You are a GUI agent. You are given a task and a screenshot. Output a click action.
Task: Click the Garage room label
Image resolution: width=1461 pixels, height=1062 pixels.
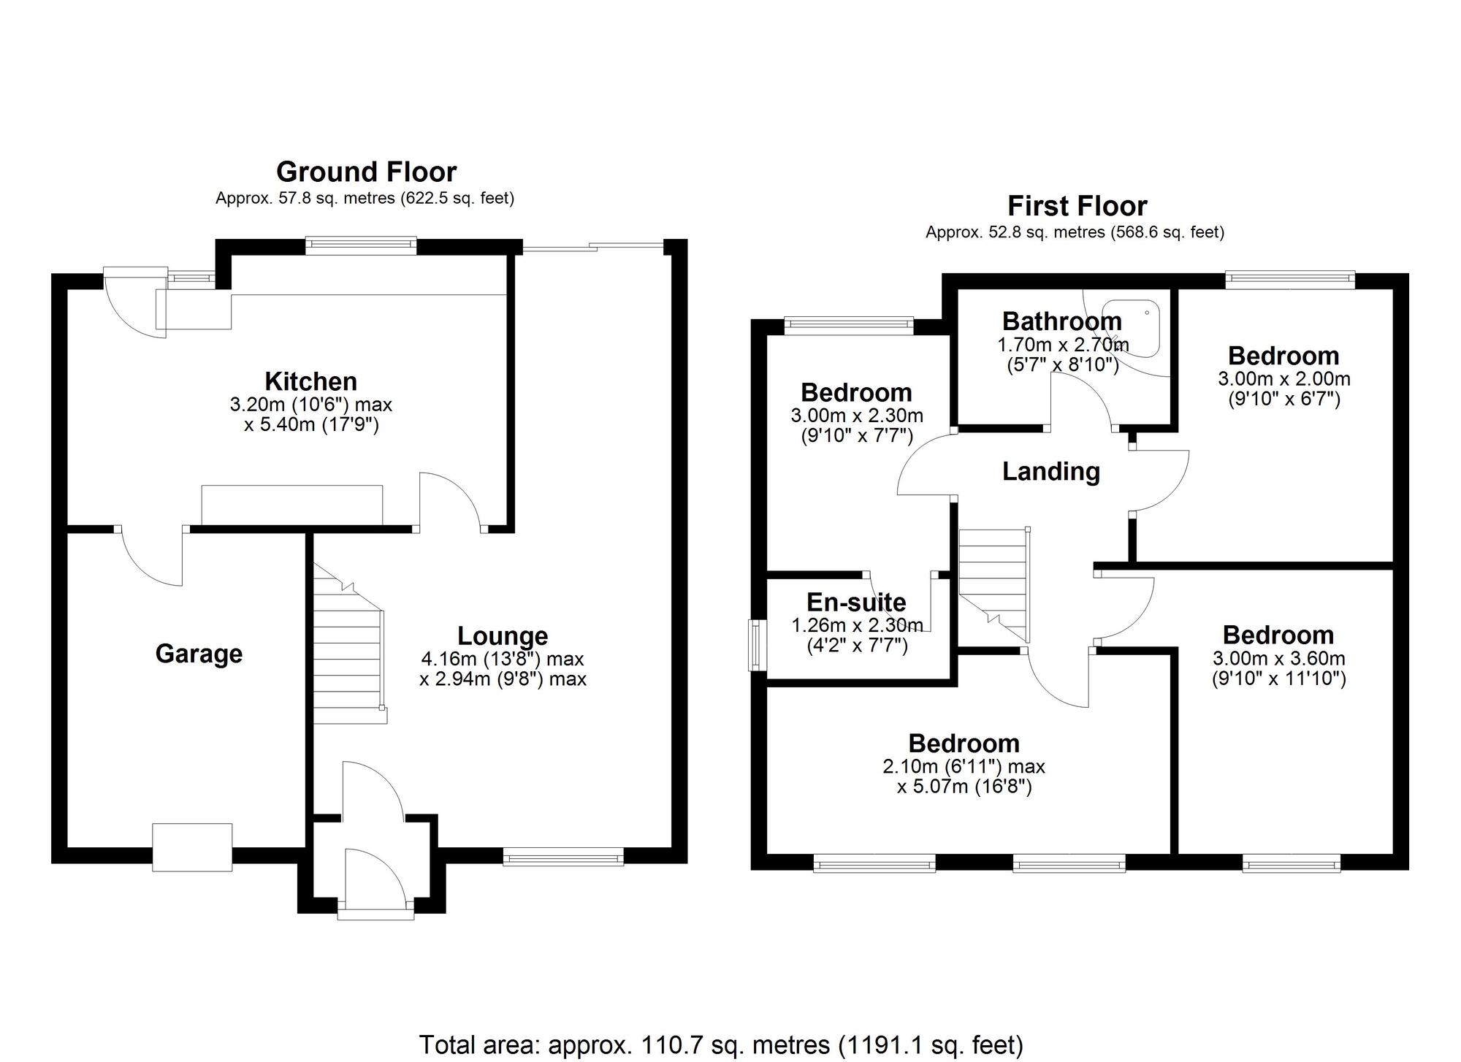click(199, 654)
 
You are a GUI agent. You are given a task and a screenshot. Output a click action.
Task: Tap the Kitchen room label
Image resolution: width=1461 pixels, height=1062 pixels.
click(310, 381)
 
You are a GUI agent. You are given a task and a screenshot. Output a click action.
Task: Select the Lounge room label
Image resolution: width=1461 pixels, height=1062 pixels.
click(503, 636)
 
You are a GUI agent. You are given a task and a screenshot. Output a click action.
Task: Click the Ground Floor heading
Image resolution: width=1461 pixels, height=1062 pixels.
click(366, 172)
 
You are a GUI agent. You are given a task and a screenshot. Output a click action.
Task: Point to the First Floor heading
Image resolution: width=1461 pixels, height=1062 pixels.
click(1077, 207)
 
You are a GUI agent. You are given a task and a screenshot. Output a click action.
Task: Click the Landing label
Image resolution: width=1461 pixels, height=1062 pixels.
click(1050, 472)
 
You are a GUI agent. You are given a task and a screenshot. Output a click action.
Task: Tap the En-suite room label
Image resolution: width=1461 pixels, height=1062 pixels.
click(856, 603)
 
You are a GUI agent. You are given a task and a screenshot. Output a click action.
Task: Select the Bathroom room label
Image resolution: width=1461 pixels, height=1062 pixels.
click(1061, 321)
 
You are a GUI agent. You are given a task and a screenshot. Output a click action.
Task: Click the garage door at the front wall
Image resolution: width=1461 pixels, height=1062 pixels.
click(192, 847)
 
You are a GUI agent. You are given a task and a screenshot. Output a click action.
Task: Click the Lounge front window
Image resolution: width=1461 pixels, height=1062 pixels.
click(563, 856)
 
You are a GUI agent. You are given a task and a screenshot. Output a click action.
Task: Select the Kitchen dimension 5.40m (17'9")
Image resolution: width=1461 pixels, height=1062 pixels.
click(312, 425)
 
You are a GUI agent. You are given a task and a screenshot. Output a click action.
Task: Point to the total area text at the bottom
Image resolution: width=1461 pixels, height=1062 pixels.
click(721, 1044)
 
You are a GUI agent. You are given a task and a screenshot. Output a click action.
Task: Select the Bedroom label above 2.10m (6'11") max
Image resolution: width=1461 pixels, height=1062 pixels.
click(964, 744)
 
